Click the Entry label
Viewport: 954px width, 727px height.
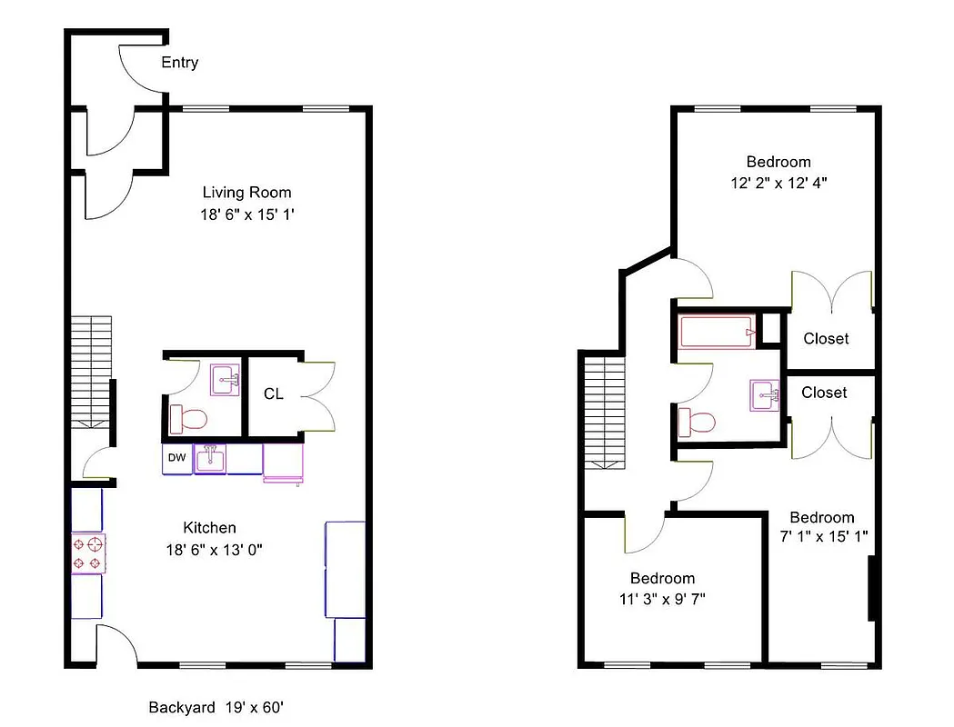pyautogui.click(x=179, y=63)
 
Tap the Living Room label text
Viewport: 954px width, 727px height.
pyautogui.click(x=246, y=193)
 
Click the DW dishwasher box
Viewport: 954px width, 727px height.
pyautogui.click(x=176, y=459)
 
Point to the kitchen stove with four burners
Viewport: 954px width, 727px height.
pyautogui.click(x=88, y=553)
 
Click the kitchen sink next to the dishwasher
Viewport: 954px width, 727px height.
pyautogui.click(x=212, y=458)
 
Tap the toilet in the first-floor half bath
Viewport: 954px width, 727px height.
pyautogui.click(x=189, y=419)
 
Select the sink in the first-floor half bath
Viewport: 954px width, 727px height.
pyautogui.click(x=225, y=379)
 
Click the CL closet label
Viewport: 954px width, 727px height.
pyautogui.click(x=274, y=394)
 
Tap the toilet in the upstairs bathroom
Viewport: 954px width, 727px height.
pyautogui.click(x=698, y=423)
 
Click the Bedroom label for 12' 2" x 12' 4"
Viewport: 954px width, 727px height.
pyautogui.click(x=778, y=163)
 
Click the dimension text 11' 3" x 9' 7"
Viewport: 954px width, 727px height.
pyautogui.click(x=662, y=598)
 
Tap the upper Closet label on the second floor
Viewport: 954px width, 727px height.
pyautogui.click(x=826, y=338)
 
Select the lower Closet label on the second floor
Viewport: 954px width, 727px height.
pyautogui.click(x=824, y=393)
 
